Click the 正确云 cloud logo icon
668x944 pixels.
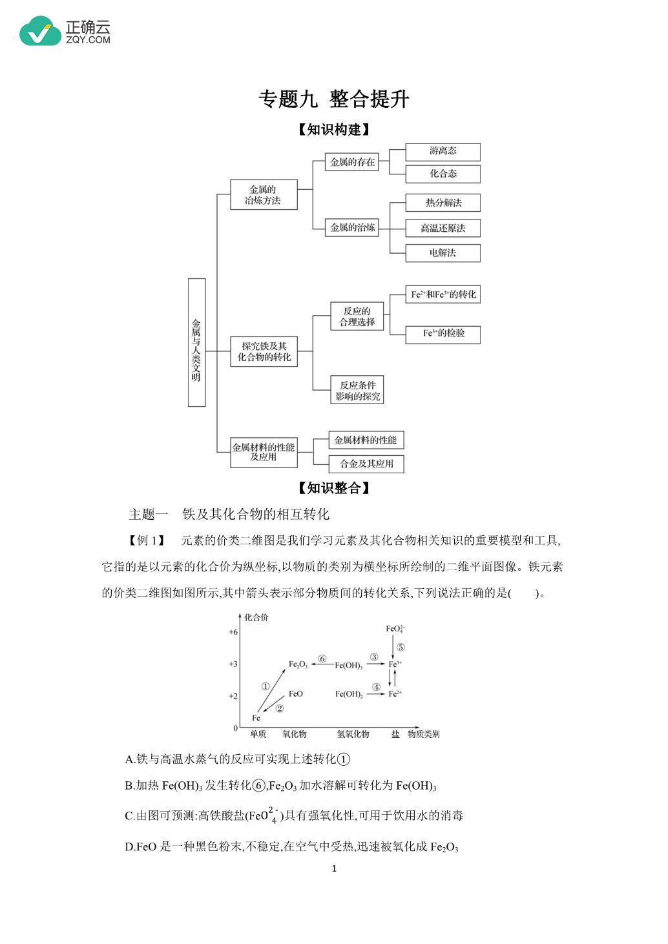click(41, 31)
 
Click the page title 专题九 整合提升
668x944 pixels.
click(333, 99)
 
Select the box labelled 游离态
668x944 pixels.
click(443, 152)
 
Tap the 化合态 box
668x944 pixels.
click(443, 174)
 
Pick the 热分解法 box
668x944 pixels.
click(443, 203)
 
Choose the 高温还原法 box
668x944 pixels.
click(443, 228)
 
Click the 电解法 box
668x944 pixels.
click(443, 253)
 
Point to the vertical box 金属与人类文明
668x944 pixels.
click(196, 343)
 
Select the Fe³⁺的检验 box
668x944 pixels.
click(443, 334)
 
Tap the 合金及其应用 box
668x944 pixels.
click(366, 464)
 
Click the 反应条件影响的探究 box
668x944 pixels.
click(357, 390)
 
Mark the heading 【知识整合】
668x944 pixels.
click(333, 488)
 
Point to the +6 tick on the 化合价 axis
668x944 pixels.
click(233, 632)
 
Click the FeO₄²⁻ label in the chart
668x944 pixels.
click(395, 629)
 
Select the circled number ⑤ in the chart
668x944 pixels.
click(401, 648)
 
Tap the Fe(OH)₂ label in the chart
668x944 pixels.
click(349, 694)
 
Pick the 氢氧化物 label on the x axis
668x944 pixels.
click(353, 734)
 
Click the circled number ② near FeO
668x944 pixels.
click(280, 708)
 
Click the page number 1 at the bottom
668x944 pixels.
click(334, 868)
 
